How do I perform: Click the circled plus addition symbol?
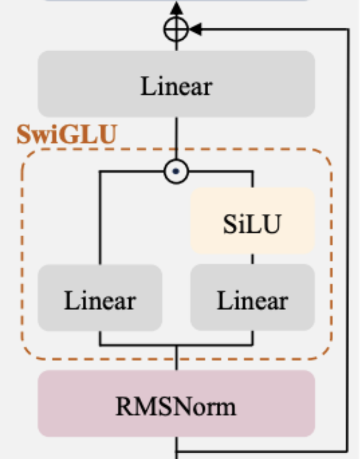[x=176, y=30]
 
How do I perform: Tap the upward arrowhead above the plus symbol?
[x=176, y=7]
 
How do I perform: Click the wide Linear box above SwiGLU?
[x=176, y=84]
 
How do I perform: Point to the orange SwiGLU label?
[x=66, y=134]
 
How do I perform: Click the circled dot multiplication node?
[x=176, y=171]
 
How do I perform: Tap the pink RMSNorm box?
[x=176, y=403]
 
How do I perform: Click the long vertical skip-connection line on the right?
[x=347, y=235]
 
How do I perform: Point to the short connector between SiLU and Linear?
[x=253, y=259]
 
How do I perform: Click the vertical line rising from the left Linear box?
[x=100, y=220]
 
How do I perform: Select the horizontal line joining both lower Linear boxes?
[x=176, y=345]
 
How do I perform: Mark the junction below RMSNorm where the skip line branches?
[x=176, y=450]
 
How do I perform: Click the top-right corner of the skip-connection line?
[x=347, y=30]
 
